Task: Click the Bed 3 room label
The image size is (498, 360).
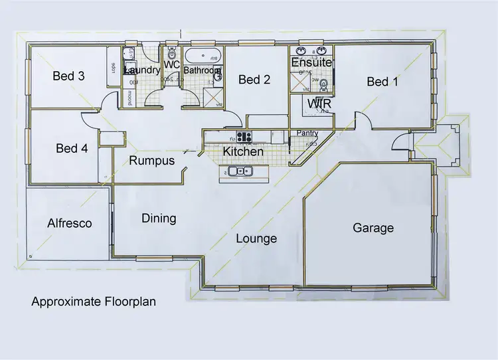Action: (x=68, y=76)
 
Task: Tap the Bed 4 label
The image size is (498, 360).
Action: (x=72, y=149)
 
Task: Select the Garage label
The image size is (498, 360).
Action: (x=373, y=228)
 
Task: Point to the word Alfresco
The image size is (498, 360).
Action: (x=69, y=223)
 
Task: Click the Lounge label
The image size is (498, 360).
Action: (x=256, y=238)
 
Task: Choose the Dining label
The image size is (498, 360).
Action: (x=159, y=218)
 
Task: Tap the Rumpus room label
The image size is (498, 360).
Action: (x=151, y=161)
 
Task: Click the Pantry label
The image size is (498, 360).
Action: (x=307, y=134)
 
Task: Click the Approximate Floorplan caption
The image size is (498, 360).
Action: (x=94, y=301)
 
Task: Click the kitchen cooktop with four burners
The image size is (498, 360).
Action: (x=244, y=137)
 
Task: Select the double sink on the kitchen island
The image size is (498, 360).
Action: (x=241, y=173)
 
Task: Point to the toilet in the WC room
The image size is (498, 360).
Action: (x=171, y=53)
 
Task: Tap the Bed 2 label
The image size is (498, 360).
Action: (x=254, y=80)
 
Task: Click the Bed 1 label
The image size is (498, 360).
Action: (x=383, y=82)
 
